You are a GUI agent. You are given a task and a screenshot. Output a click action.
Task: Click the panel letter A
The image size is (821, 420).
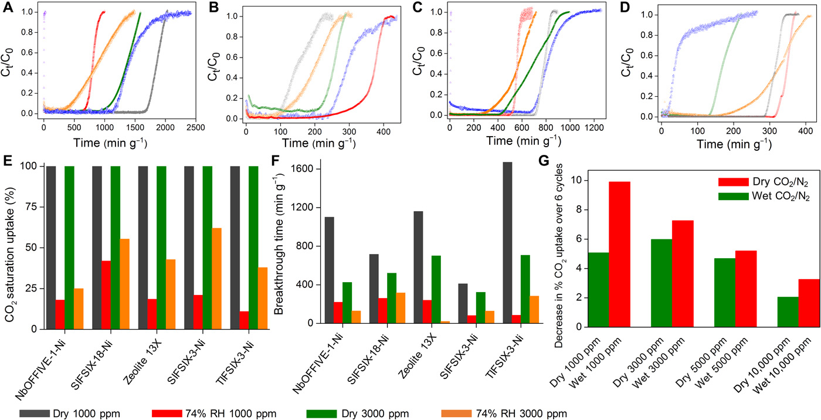[8, 7]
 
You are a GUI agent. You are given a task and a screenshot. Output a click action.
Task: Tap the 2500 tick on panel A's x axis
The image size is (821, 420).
[195, 127]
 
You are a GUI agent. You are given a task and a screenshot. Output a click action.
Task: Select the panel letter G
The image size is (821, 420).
[545, 161]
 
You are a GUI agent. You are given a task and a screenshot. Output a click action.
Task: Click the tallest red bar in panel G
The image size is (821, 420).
[619, 254]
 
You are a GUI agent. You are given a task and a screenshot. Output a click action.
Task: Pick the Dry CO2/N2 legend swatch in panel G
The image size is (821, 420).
[733, 182]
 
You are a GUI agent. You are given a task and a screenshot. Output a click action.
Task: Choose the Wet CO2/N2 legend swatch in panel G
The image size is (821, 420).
[733, 196]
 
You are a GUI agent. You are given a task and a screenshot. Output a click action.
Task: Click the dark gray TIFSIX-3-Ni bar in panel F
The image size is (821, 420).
[508, 242]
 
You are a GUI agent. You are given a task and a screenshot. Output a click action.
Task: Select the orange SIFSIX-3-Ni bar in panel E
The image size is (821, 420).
[216, 279]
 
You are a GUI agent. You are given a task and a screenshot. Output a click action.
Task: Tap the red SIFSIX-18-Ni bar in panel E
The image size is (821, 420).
[106, 294]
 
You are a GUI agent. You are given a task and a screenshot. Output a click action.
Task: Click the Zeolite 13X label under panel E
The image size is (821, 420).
[144, 361]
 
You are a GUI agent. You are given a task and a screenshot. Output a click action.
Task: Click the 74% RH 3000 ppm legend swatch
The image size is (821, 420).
[456, 414]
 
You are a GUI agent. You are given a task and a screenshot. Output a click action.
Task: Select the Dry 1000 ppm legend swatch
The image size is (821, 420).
[35, 414]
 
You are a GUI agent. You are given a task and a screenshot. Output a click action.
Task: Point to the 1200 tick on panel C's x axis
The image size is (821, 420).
[593, 127]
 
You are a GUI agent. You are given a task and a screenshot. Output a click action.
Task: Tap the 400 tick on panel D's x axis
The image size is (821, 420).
[806, 131]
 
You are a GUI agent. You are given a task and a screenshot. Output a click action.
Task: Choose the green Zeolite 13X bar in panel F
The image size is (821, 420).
[436, 289]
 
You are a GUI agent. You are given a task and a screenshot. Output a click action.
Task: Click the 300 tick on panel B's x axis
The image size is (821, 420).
[350, 131]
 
